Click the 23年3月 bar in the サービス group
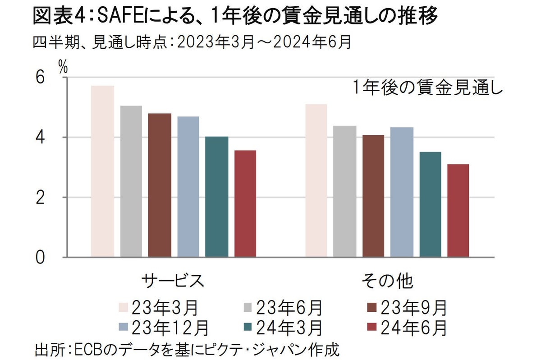(x=102, y=171)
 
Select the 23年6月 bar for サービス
(x=131, y=181)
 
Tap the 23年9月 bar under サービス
(x=160, y=185)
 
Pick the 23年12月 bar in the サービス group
(x=188, y=187)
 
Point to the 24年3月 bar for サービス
(x=217, y=197)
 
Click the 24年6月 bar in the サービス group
(x=245, y=204)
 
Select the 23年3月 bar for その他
(x=316, y=180)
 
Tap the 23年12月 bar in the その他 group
(x=402, y=192)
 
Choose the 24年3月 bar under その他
(x=430, y=204)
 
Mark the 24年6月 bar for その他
(x=458, y=211)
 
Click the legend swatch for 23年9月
(x=372, y=308)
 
